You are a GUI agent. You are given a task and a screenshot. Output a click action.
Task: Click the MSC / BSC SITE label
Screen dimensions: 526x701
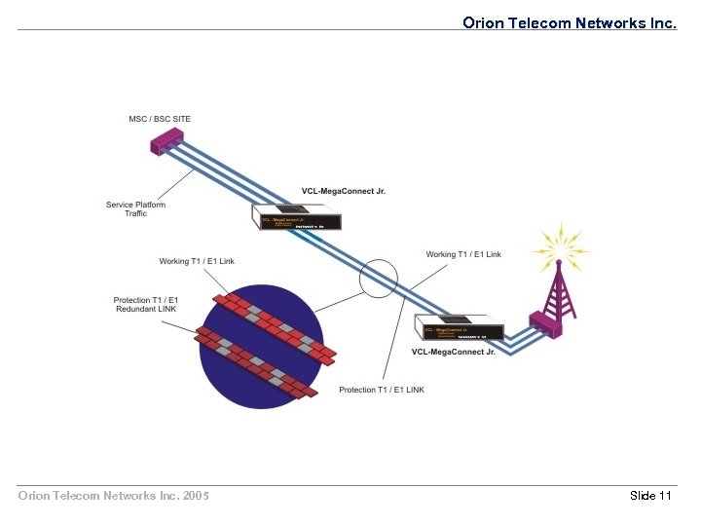coord(160,119)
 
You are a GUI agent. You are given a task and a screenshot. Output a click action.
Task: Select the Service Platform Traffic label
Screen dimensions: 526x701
coord(135,208)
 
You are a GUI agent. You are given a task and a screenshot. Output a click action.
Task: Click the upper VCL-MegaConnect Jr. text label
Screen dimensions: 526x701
coord(343,191)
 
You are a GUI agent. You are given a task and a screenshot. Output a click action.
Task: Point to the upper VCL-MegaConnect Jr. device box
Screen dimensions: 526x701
coord(297,217)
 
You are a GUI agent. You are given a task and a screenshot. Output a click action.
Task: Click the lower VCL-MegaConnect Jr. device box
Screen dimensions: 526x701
coord(459,328)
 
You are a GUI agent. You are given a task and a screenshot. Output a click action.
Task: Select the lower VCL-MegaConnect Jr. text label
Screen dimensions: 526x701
coord(453,352)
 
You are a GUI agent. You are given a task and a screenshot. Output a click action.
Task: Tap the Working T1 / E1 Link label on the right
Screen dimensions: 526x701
coord(463,254)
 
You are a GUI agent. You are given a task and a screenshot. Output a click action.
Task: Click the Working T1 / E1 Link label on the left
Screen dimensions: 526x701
coord(197,261)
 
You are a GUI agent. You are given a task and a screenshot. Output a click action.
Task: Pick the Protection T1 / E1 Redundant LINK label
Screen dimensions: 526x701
coord(145,304)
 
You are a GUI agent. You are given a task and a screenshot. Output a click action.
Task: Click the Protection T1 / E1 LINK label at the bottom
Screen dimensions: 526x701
coord(382,390)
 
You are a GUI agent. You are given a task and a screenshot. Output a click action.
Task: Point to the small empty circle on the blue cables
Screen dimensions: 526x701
coord(379,279)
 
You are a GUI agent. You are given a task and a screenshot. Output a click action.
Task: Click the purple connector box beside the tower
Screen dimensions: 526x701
coord(542,323)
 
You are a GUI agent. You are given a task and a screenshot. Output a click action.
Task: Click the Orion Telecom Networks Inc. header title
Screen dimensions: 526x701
coord(569,22)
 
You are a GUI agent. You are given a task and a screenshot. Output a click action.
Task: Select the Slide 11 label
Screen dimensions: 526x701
coord(650,496)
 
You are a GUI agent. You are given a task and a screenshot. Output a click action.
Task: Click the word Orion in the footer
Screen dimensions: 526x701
coord(36,496)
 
